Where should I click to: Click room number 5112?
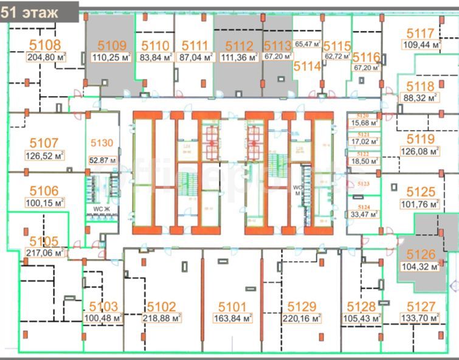238,46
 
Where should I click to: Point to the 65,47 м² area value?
308,44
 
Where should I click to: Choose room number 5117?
421,33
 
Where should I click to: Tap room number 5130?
102,143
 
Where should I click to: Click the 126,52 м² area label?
45,156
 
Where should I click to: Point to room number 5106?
44,190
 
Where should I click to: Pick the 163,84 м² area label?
233,317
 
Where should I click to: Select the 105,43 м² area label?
362,318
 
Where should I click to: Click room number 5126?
421,255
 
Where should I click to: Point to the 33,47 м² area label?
364,213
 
